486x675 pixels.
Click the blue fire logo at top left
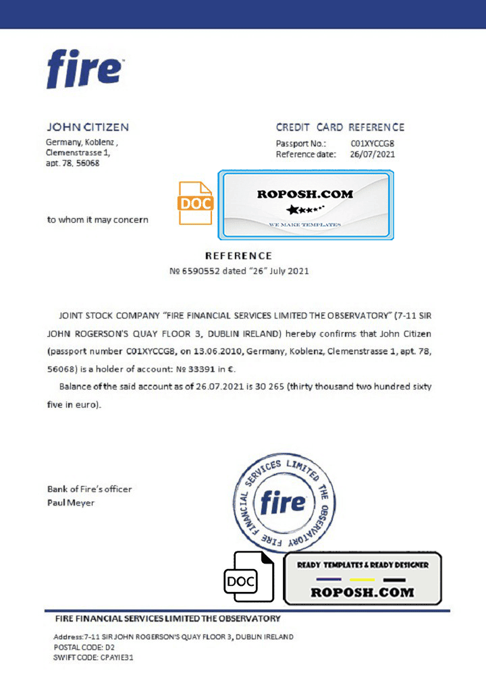84,70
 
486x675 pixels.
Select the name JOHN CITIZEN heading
87,127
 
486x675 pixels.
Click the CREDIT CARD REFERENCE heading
340,127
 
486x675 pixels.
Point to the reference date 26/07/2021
373,155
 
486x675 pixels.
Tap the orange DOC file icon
195,202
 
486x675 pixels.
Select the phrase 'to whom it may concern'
98,219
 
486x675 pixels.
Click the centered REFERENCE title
238,256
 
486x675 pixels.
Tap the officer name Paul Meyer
71,503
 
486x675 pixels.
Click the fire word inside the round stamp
283,502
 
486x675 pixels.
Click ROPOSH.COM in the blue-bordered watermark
305,194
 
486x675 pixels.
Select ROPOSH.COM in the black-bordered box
362,592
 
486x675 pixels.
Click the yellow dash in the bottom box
362,580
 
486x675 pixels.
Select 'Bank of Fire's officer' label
89,489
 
